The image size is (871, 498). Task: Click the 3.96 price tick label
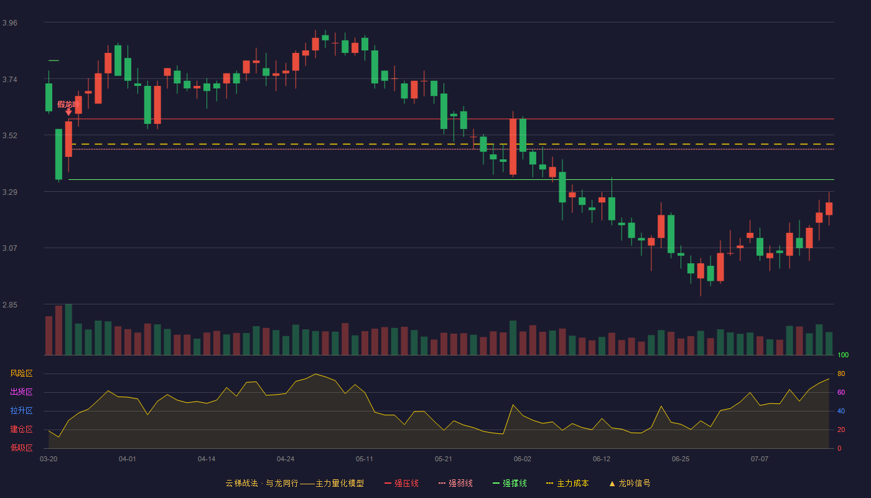(x=10, y=23)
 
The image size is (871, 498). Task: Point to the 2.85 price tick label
(x=10, y=304)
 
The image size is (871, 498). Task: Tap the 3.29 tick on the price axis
(x=10, y=192)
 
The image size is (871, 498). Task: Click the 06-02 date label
(x=522, y=459)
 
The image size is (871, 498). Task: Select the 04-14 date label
(x=207, y=459)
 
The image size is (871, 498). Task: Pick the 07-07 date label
(x=760, y=459)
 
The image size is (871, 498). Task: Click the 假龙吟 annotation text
(x=68, y=105)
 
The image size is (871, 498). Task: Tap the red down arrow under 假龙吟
(x=68, y=113)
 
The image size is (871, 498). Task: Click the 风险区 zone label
(x=21, y=374)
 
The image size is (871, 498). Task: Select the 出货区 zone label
(x=21, y=392)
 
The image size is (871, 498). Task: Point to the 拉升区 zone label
(x=21, y=410)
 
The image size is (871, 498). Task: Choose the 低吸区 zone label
(x=21, y=448)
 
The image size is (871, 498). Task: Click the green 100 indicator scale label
(x=843, y=355)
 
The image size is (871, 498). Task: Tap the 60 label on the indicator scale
(x=841, y=392)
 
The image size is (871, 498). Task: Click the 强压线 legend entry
(x=401, y=483)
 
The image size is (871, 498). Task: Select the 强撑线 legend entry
(x=510, y=483)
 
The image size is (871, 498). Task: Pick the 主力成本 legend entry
(x=567, y=483)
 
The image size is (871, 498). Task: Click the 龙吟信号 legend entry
(x=630, y=483)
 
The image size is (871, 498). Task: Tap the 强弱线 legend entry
(x=455, y=483)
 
